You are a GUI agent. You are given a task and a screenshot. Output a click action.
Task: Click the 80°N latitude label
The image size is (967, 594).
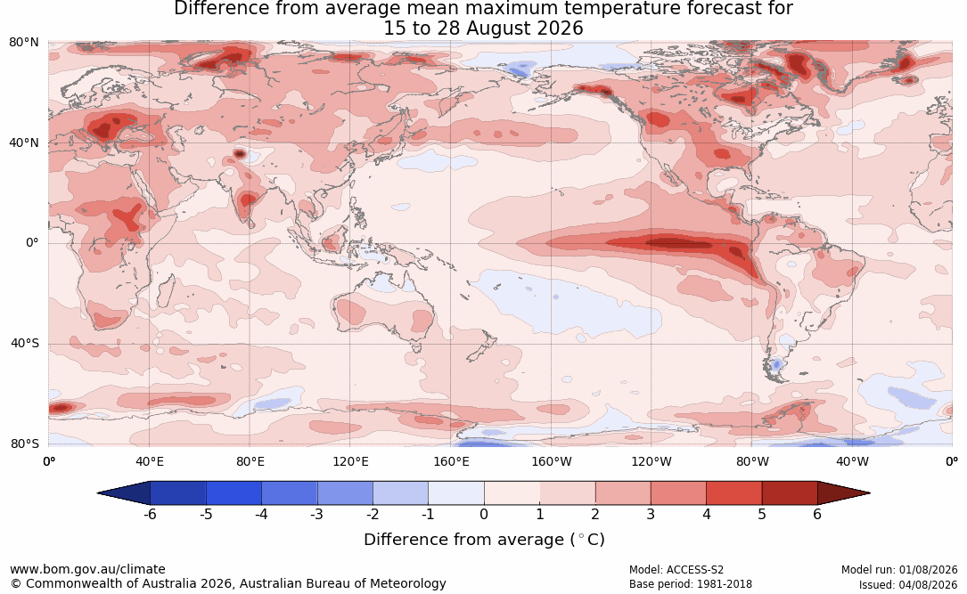pos(23,43)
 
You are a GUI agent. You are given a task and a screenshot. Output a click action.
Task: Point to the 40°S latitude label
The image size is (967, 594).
pos(24,343)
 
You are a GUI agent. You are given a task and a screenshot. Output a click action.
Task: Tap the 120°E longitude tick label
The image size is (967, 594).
pos(350,461)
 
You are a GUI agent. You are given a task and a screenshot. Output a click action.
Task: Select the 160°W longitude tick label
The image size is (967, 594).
pos(552,461)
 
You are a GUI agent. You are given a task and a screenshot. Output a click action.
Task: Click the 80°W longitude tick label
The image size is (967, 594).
pos(752,461)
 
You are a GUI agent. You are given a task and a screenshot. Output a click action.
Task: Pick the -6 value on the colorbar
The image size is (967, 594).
pos(149,514)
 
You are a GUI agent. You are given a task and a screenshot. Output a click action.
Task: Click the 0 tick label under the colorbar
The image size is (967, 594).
pos(484,514)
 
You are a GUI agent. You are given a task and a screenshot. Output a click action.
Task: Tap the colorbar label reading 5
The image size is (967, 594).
pos(762,514)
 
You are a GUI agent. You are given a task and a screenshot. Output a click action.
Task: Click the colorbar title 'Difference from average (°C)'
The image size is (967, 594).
pos(484,540)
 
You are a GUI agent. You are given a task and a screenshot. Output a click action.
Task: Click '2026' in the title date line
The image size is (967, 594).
pos(560,28)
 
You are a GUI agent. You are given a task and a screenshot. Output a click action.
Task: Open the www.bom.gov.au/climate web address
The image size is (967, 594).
pos(87,569)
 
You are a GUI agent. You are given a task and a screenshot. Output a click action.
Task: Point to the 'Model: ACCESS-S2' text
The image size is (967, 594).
pos(676,570)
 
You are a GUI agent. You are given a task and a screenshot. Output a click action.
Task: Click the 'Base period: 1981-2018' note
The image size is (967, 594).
pos(691,584)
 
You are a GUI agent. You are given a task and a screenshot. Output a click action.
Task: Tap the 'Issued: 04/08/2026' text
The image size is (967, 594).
pos(908,585)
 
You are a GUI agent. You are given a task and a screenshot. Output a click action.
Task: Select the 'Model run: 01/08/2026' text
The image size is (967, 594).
pos(899,570)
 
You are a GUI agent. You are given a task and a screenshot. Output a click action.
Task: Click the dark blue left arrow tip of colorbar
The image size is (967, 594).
pos(99,493)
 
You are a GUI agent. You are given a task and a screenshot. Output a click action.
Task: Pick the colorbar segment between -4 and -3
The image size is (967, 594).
pos(290,493)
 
